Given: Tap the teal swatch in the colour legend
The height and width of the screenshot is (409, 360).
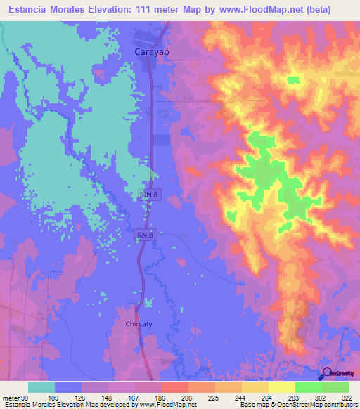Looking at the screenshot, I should point(41,387).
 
